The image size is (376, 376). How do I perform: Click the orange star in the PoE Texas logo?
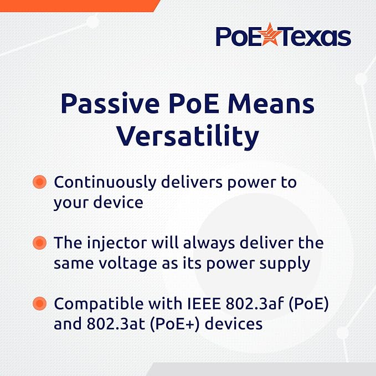coord(269,36)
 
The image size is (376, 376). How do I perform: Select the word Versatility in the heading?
coord(188,135)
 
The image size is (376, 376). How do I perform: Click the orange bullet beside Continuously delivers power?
coord(39,182)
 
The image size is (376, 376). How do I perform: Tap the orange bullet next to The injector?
coord(39,243)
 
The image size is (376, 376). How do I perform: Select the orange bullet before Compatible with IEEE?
coord(39,303)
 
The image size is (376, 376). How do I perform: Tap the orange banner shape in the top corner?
coord(78,4)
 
